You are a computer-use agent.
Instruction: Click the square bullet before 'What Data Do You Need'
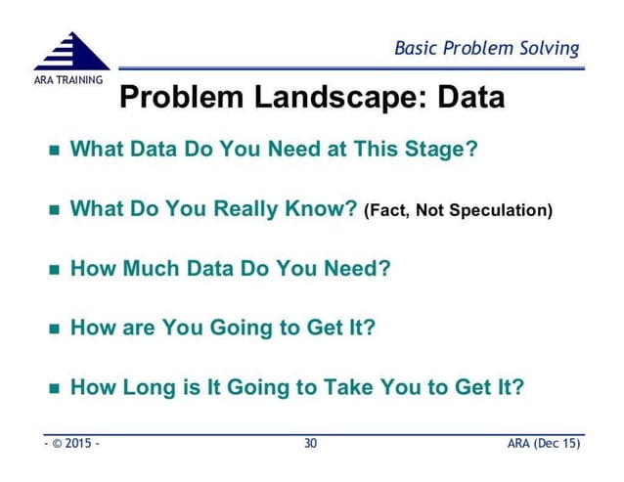click(54, 153)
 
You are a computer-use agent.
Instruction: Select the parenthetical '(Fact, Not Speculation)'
click(458, 210)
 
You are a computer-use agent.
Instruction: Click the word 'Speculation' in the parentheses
click(499, 210)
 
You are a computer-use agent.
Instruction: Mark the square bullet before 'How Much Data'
click(54, 269)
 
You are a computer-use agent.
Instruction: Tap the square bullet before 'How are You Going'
click(54, 328)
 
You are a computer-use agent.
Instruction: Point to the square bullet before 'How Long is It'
click(54, 386)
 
